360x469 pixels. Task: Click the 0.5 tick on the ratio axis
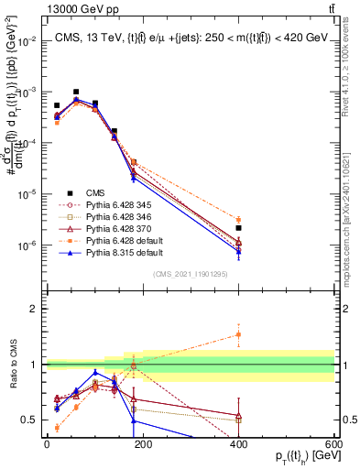[x=32, y=420]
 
